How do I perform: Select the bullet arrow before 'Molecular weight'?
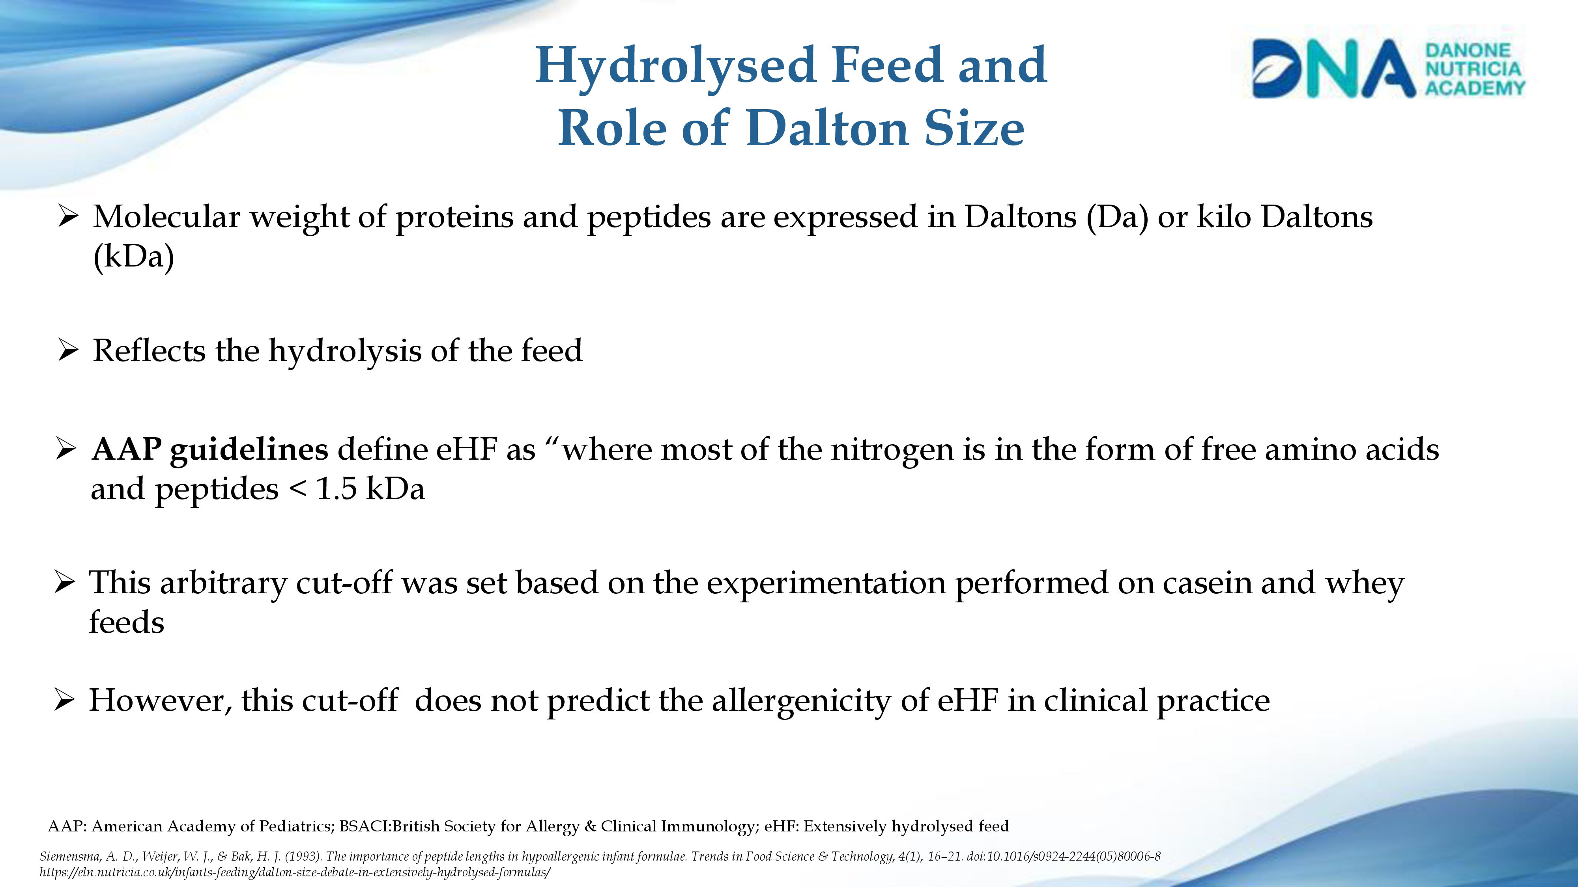point(67,217)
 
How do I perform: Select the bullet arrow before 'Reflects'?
point(67,351)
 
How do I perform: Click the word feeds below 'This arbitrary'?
point(127,622)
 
